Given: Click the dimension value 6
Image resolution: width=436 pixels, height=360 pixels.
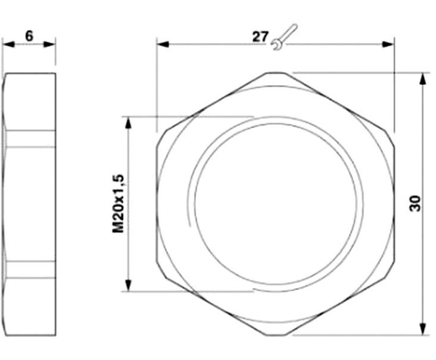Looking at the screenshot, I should tap(29, 35).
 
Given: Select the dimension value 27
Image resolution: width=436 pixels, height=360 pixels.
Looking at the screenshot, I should tap(260, 36).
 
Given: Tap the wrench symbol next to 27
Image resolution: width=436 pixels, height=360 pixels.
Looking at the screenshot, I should tap(283, 36).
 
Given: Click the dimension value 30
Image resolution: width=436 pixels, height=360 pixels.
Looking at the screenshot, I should tap(415, 203).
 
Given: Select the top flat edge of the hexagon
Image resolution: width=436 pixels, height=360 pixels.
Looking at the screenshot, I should tap(275, 73).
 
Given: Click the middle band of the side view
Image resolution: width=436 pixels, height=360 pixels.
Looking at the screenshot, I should tap(30, 196).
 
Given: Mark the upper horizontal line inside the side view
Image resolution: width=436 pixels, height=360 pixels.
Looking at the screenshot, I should tap(30, 130).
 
